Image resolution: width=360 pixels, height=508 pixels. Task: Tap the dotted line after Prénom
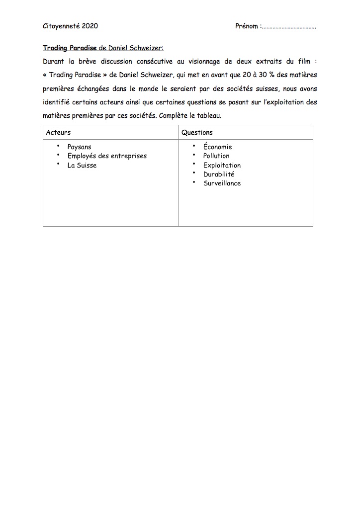tap(289, 27)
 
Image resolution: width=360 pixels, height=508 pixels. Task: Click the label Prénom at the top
tap(247, 26)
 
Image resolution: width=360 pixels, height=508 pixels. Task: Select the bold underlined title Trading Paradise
tap(70, 48)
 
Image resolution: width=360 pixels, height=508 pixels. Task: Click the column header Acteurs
tap(58, 133)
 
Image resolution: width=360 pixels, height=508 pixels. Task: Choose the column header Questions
tap(197, 133)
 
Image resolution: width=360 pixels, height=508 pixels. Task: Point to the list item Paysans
tap(80, 147)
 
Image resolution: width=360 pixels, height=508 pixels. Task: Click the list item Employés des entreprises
tap(107, 156)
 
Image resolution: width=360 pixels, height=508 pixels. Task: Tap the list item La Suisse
tap(82, 166)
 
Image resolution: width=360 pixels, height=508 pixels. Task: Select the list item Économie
tap(217, 147)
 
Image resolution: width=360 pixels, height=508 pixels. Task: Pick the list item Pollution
tap(216, 156)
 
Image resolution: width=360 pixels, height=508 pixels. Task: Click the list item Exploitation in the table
tap(222, 166)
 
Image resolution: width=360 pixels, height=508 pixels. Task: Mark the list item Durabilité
tap(219, 174)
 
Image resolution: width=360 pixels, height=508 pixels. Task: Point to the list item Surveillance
tap(222, 183)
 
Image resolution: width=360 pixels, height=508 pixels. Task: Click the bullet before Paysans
tap(58, 146)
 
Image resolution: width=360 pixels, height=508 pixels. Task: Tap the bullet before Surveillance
tap(194, 182)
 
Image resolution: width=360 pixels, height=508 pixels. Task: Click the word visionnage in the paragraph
tap(205, 62)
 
